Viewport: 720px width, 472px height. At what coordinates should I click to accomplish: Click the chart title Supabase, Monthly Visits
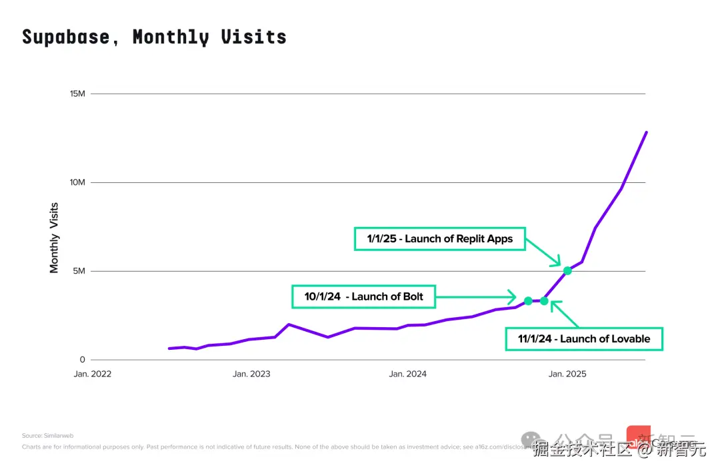click(x=154, y=37)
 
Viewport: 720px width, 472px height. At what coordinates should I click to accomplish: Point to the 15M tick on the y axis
click(x=77, y=93)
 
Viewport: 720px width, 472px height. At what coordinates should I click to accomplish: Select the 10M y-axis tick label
click(x=77, y=182)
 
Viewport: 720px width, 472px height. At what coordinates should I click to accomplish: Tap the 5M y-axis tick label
click(x=79, y=271)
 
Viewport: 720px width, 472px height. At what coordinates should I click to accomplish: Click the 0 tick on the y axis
click(x=82, y=360)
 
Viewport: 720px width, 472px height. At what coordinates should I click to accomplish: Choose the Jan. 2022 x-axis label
click(x=92, y=374)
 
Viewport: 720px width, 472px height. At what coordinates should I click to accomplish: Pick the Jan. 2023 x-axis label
click(x=251, y=374)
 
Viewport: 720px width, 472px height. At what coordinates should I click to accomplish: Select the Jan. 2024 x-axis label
click(x=408, y=374)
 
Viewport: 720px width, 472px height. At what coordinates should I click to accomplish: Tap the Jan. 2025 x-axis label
click(x=567, y=374)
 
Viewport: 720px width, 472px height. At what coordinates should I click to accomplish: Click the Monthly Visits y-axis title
click(x=55, y=238)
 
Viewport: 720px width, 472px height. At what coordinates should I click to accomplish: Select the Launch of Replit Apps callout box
click(x=439, y=238)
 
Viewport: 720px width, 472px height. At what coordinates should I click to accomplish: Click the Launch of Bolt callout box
click(x=363, y=296)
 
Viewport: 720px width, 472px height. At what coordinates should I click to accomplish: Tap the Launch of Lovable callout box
click(x=584, y=338)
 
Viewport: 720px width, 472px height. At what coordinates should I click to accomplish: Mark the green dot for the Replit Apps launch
click(x=567, y=270)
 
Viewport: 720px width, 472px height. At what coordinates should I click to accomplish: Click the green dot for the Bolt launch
click(x=528, y=301)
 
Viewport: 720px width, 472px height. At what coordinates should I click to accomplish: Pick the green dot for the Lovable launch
click(x=544, y=301)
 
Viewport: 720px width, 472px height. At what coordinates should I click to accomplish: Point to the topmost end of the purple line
click(x=646, y=132)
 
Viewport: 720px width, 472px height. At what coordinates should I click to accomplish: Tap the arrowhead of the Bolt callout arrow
click(x=513, y=296)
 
